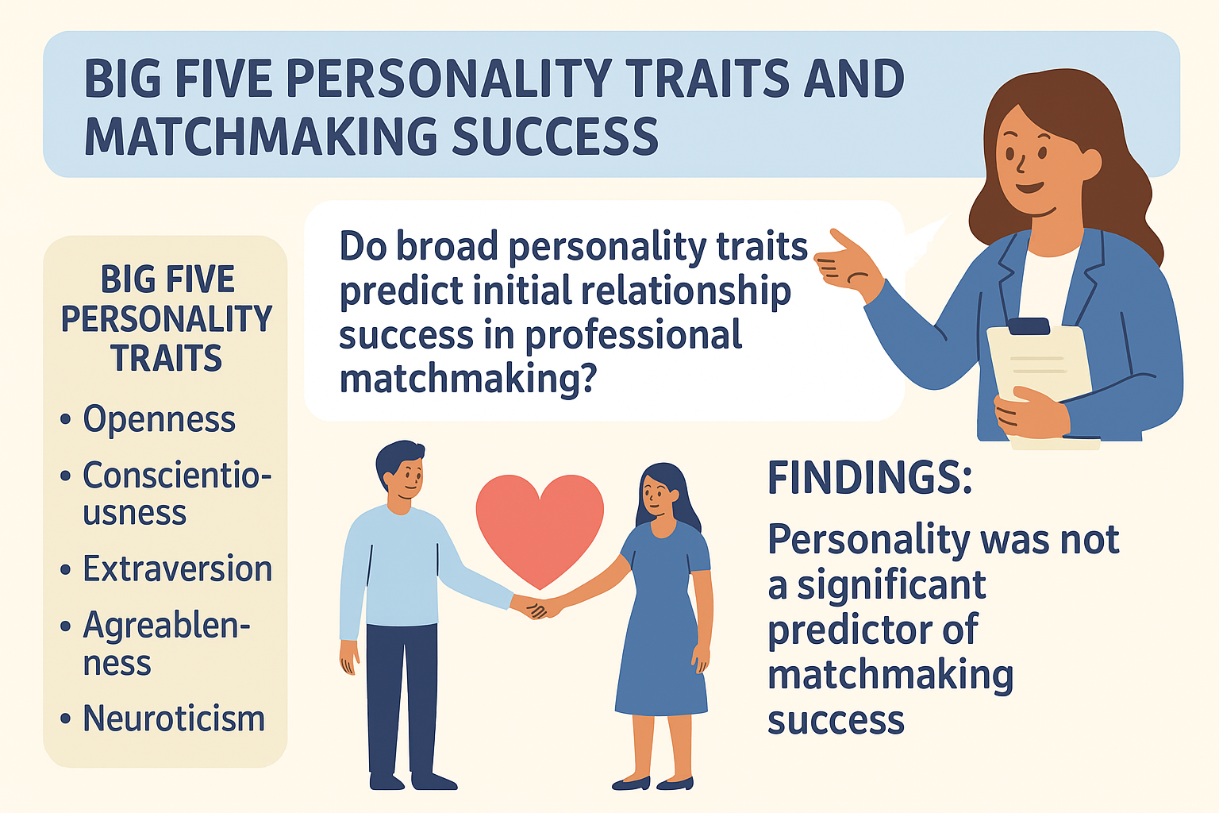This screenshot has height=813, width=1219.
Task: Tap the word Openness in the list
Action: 159,419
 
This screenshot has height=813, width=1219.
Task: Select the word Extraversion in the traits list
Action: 178,568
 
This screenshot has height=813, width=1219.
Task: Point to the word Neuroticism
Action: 174,719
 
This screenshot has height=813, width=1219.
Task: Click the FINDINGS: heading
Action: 870,478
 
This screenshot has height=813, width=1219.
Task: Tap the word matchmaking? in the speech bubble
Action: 468,378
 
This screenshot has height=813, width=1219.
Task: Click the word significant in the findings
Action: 891,585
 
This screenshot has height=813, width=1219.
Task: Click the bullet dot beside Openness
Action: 66,420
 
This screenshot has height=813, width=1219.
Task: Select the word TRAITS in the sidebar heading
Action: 167,358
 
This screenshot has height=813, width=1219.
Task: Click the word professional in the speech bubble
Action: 633,335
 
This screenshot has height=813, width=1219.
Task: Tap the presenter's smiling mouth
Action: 1029,187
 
